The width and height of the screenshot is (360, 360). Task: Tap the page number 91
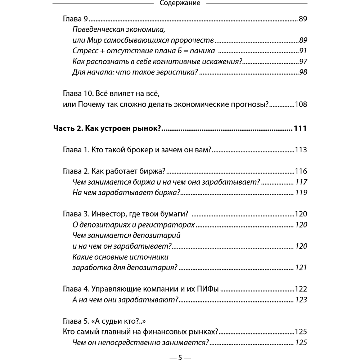(302, 51)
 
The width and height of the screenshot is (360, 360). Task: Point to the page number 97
(302, 61)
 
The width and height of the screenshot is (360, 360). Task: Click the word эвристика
(171, 72)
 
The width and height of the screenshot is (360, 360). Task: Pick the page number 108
(300, 105)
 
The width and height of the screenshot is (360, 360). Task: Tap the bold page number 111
(300, 129)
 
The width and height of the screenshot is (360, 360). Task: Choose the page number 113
(300, 149)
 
